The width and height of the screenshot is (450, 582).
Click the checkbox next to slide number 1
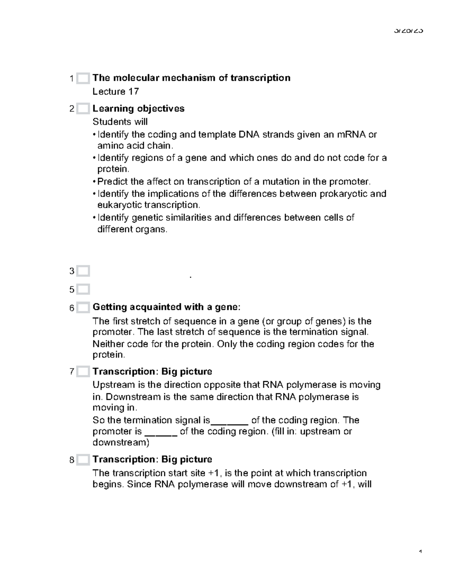click(x=83, y=78)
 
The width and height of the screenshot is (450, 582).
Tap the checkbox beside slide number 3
click(x=83, y=271)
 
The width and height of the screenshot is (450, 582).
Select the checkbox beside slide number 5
click(x=83, y=289)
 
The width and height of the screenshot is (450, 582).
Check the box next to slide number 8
click(x=83, y=460)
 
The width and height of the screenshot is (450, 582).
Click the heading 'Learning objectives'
click(x=138, y=109)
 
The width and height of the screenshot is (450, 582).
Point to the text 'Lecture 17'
click(x=115, y=91)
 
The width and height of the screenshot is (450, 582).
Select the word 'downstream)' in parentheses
click(x=121, y=443)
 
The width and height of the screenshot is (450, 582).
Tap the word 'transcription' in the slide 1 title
click(x=260, y=78)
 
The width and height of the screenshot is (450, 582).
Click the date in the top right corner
click(x=408, y=31)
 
